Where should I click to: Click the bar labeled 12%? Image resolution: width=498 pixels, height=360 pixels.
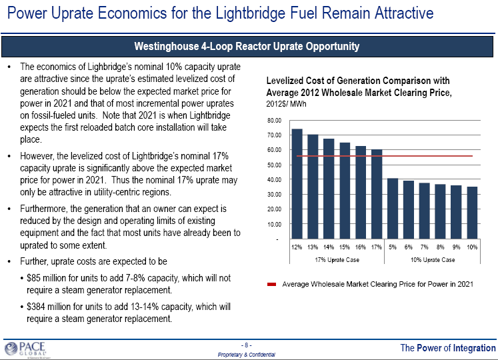tap(297, 183)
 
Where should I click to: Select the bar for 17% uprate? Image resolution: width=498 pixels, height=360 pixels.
tap(377, 194)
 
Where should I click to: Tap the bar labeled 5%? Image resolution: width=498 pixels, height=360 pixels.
tap(393, 209)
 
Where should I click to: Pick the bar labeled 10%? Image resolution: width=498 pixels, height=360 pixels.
tap(472, 213)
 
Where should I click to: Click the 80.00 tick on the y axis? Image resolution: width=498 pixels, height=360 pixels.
tap(275, 121)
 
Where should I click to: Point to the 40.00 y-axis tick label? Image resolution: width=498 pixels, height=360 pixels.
tap(275, 180)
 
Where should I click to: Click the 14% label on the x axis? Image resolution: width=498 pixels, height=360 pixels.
tap(329, 247)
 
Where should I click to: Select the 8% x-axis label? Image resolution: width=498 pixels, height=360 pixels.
tap(441, 247)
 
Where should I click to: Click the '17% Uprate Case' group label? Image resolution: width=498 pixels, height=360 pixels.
tap(337, 259)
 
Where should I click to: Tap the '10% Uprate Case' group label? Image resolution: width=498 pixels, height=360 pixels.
tap(433, 259)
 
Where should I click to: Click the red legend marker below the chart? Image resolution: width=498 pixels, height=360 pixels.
tap(271, 284)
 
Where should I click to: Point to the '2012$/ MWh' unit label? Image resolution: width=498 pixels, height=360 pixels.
tap(286, 105)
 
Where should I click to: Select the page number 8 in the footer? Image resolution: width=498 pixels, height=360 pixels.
tap(247, 345)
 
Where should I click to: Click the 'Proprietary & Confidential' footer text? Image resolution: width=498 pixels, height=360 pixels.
tap(247, 355)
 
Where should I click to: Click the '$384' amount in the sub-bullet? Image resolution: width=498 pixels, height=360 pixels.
tap(37, 307)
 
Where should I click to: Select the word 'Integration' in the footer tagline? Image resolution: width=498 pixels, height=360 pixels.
tap(474, 348)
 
